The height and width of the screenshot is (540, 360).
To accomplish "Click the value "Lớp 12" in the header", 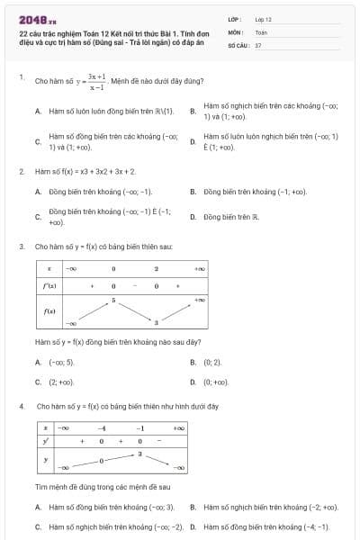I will pos(263,18).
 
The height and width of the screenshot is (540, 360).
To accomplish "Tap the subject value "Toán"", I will pos(261,31).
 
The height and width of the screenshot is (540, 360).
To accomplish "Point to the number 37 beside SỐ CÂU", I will pos(258,44).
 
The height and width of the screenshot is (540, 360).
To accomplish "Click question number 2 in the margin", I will pos(21,170).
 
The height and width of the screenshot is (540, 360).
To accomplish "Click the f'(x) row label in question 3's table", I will pos(47,284).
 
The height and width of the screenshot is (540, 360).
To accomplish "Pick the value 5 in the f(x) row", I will pos(113,299).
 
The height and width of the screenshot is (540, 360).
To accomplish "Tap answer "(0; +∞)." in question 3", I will pos(216,382).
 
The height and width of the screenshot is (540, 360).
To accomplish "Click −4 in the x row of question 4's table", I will pos(103,428).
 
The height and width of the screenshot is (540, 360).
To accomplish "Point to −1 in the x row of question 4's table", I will pos(140,428).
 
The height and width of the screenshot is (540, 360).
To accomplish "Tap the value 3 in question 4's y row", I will pos(139,454).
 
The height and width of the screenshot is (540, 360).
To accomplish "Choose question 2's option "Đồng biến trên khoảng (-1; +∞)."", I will pos(256,192).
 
